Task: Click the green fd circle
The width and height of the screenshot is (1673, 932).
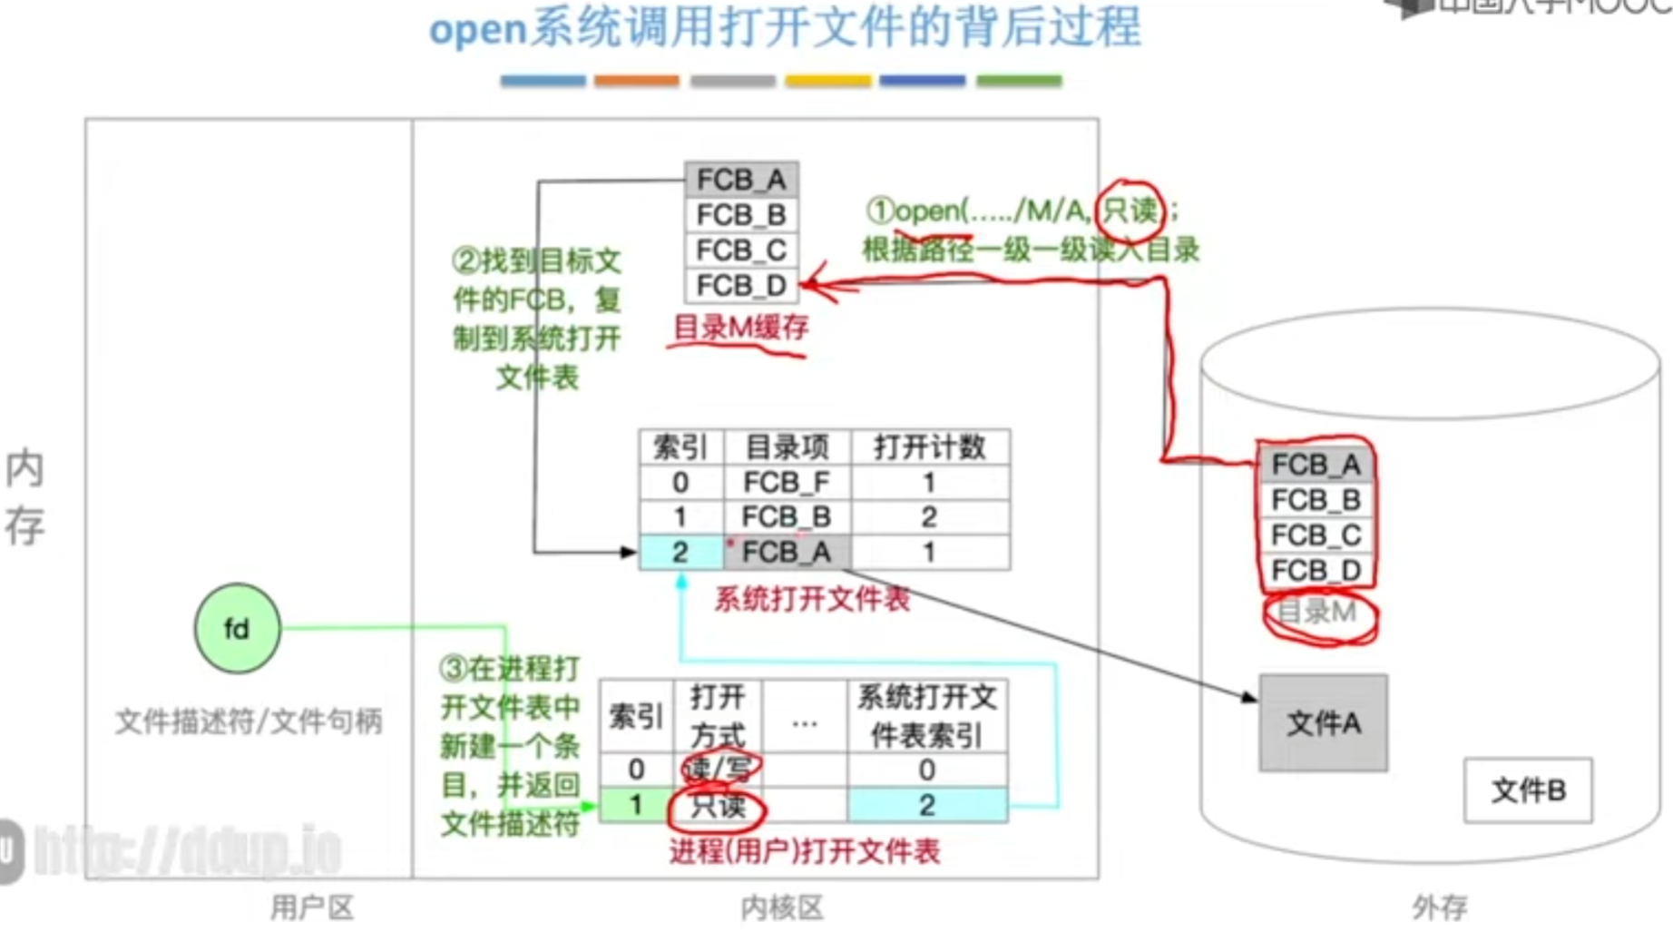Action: [x=237, y=628]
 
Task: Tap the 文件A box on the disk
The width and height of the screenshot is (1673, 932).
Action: [x=1323, y=723]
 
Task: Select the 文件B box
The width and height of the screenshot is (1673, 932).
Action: [x=1528, y=790]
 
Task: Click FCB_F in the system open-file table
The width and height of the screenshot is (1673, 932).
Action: [x=786, y=482]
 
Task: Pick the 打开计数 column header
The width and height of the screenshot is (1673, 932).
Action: [x=929, y=446]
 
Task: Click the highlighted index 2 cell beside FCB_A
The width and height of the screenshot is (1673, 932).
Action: [x=680, y=552]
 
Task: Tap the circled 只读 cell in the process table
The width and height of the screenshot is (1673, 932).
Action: [x=717, y=806]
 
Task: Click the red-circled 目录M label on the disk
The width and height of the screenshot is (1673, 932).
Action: [x=1318, y=613]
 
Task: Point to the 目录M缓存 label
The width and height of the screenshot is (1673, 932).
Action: [x=740, y=328]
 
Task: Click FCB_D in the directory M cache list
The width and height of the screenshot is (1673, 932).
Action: [x=741, y=285]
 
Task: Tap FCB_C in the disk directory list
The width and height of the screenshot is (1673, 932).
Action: [x=1316, y=535]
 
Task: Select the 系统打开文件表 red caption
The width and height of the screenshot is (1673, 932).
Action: [x=812, y=599]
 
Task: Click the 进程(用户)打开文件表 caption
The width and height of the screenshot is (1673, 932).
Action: [x=804, y=851]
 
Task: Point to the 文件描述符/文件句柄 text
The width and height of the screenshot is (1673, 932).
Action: [x=249, y=721]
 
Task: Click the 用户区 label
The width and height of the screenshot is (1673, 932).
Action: [x=312, y=907]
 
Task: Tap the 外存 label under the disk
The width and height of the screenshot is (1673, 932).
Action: [x=1439, y=907]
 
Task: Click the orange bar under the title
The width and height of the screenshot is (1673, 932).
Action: [x=636, y=81]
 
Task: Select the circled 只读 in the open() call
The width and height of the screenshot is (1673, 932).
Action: [x=1129, y=211]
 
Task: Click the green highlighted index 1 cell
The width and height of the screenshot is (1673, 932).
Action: [x=635, y=806]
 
